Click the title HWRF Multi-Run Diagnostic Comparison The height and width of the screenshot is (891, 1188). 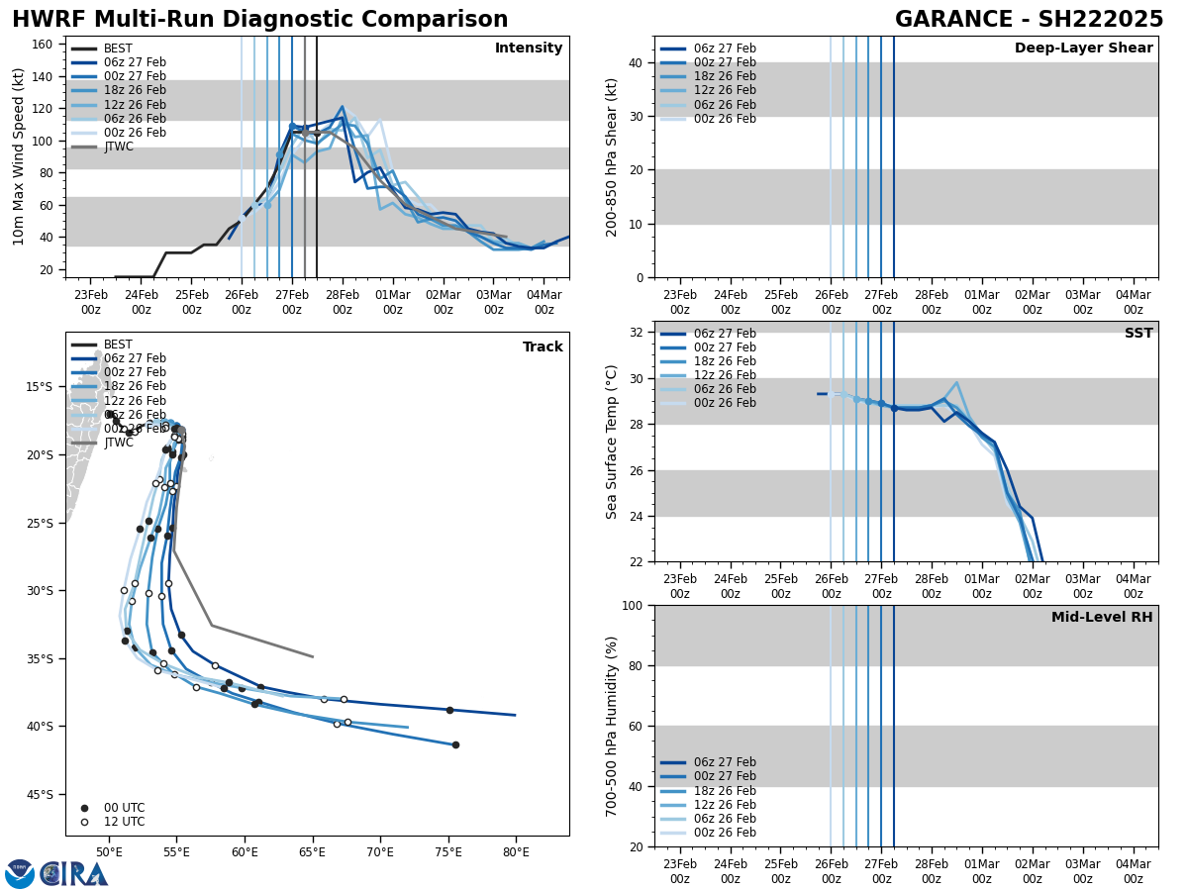pyautogui.click(x=259, y=20)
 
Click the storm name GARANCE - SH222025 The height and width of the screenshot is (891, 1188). pyautogui.click(x=1029, y=20)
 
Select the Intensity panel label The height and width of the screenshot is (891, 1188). pyautogui.click(x=529, y=49)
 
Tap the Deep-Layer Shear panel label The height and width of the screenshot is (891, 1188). pyautogui.click(x=1083, y=49)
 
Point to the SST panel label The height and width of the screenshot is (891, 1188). pyautogui.click(x=1138, y=334)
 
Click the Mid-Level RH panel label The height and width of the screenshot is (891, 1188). pyautogui.click(x=1102, y=618)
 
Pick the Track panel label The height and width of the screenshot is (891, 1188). pyautogui.click(x=543, y=347)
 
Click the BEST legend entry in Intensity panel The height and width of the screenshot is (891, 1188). pyautogui.click(x=118, y=49)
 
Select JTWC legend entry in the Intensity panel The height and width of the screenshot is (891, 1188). pyautogui.click(x=119, y=147)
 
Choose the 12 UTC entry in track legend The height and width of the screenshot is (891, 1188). pyautogui.click(x=124, y=822)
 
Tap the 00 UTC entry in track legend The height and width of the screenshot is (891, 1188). pyautogui.click(x=124, y=808)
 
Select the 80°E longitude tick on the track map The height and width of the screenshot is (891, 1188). pyautogui.click(x=516, y=851)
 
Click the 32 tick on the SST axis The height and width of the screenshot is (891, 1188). pyautogui.click(x=638, y=333)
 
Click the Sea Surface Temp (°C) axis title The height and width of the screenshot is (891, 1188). pyautogui.click(x=612, y=442)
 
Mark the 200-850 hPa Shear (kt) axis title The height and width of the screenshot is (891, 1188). pyautogui.click(x=612, y=156)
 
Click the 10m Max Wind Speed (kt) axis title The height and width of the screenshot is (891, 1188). pyautogui.click(x=19, y=156)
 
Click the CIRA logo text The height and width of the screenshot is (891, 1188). pyautogui.click(x=75, y=874)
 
